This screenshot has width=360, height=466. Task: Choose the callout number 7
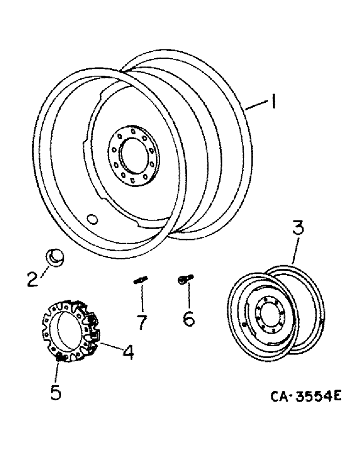(140, 321)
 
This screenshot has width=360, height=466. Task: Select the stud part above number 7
(139, 281)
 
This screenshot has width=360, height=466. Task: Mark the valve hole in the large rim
(92, 219)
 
